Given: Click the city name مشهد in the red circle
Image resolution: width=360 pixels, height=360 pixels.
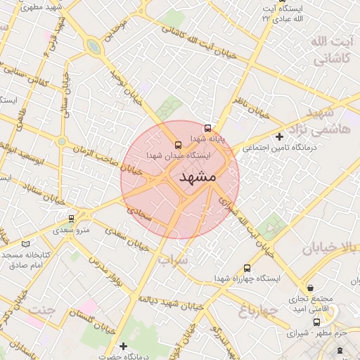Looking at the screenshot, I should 198,176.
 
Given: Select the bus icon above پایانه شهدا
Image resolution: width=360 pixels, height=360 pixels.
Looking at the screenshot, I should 207,129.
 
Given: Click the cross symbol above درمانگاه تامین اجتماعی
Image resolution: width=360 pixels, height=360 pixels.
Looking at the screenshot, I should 280,136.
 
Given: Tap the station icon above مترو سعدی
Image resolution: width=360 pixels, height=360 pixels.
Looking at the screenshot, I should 71,219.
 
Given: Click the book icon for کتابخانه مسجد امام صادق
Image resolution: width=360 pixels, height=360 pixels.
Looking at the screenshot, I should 26,243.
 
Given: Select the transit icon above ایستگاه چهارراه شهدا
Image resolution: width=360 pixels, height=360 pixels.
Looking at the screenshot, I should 246,268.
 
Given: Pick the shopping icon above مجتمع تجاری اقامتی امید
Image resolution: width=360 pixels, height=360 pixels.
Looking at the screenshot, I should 311,288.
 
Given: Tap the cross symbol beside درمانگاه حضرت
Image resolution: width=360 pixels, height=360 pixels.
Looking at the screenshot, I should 124,346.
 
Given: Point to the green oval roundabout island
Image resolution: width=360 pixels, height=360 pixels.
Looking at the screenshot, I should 93,47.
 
